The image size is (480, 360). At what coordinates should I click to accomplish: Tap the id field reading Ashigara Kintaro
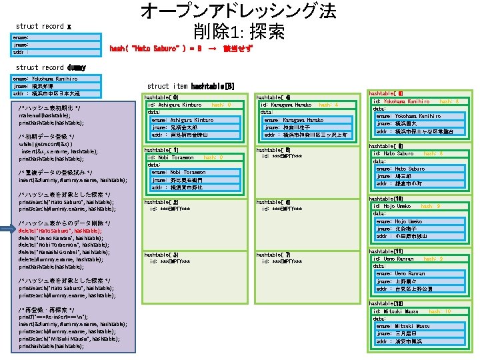click(175, 105)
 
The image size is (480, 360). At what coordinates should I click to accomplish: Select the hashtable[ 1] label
click(161, 151)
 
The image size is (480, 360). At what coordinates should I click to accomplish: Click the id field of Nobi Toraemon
click(172, 157)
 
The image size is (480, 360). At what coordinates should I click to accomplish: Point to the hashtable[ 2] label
click(161, 202)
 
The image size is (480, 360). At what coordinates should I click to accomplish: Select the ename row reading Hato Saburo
click(401, 169)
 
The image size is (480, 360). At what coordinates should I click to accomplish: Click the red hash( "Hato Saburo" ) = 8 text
click(155, 49)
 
